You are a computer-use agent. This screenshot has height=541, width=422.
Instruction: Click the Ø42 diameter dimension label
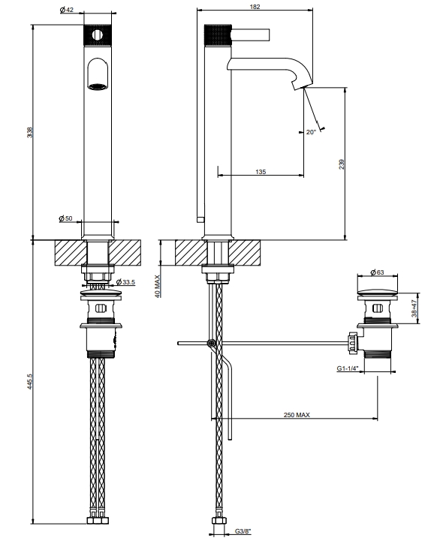67,10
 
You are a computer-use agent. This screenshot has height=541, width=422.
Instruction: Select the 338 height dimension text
30,133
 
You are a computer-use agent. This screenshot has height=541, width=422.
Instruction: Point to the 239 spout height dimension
342,164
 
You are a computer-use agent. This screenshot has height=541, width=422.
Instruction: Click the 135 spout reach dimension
261,172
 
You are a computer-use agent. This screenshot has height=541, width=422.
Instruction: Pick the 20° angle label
311,132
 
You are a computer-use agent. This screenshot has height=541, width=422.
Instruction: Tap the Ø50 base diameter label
65,218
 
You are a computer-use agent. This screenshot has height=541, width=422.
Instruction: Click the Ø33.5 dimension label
125,282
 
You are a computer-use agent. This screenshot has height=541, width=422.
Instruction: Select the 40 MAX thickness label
158,286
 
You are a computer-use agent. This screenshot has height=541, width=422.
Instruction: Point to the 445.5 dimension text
30,382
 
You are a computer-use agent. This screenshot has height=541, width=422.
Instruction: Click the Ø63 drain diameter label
377,272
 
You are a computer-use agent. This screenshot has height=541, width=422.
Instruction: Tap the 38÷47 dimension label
414,308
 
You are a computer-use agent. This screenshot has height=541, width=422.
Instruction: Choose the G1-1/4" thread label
348,368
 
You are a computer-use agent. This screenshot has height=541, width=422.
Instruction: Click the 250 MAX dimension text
297,415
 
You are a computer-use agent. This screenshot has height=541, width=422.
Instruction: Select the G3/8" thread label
243,531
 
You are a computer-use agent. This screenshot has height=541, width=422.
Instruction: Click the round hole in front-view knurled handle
98,35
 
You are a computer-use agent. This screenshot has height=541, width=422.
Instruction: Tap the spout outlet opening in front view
98,86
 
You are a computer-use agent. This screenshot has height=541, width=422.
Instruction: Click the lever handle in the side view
250,35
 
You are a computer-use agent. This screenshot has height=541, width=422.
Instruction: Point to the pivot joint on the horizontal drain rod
211,343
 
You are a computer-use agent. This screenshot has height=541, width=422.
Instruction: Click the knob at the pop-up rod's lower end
200,219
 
